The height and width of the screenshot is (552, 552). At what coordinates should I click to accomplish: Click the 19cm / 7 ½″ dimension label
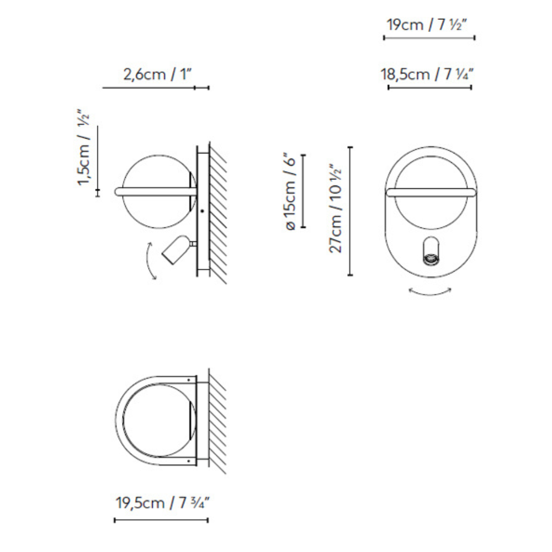tap(429, 24)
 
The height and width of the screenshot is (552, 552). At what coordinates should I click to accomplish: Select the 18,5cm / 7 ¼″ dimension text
tap(429, 74)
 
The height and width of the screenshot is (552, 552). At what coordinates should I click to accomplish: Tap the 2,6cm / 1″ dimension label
tap(156, 74)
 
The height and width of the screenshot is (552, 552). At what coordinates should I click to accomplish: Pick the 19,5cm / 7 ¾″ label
tap(161, 503)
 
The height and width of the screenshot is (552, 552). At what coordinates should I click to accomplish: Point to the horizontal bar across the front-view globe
tap(430, 192)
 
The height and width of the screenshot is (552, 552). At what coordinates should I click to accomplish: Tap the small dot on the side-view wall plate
tap(203, 211)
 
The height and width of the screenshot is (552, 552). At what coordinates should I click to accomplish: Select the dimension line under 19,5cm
tap(161, 520)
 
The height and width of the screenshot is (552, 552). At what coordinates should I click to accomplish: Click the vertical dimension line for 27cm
tap(350, 211)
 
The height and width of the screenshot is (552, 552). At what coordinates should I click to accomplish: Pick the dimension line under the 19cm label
tap(429, 38)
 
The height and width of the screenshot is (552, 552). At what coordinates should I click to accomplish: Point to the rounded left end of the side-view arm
tap(118, 192)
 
